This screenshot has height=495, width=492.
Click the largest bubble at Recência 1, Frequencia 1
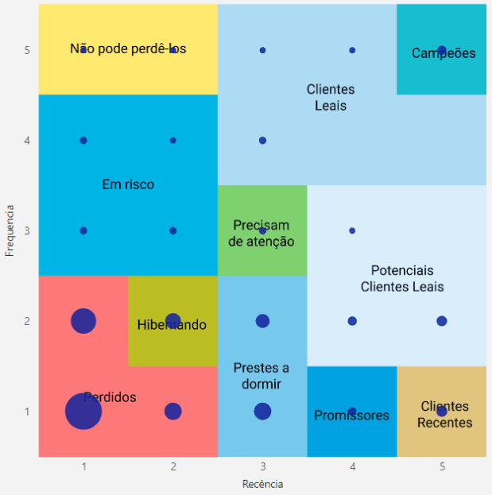[83, 412]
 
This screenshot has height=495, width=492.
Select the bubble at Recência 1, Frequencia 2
[83, 321]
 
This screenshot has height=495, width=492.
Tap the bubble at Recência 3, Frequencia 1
[262, 412]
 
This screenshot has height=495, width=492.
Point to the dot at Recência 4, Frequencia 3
[352, 230]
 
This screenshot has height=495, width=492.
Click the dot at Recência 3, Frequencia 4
[262, 141]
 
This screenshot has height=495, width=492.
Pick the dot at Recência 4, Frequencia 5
[352, 50]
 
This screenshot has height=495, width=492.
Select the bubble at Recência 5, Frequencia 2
[442, 321]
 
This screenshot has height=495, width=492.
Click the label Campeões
[444, 54]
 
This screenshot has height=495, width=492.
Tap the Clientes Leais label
[331, 98]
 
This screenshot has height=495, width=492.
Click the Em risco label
[128, 184]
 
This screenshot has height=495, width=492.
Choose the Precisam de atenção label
[261, 234]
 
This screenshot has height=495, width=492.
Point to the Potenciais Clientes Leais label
[402, 279]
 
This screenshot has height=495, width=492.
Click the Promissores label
[351, 416]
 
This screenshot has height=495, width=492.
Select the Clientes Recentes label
[445, 415]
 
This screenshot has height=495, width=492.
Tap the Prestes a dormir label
[261, 376]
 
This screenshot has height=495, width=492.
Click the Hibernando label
[172, 325]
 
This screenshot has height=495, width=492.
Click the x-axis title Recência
[262, 483]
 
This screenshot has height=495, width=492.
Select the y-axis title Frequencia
[10, 230]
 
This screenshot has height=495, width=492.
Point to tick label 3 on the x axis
[262, 466]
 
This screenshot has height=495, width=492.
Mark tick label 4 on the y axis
[27, 141]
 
